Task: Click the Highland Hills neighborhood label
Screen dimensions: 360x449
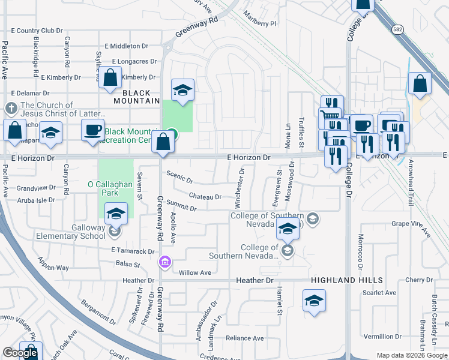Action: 346,280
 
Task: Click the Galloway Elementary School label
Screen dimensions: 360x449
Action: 71,232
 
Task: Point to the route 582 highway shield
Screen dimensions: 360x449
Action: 397,34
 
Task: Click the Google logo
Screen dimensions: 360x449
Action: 20,353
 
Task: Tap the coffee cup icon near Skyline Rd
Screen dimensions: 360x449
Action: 93,131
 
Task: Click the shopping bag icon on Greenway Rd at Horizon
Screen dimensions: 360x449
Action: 163,143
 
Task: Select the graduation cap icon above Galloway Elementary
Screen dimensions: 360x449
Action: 116,212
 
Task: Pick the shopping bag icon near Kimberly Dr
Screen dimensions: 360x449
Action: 110,77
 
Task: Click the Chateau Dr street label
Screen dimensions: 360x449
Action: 205,196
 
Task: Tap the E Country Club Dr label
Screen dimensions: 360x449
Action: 37,31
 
